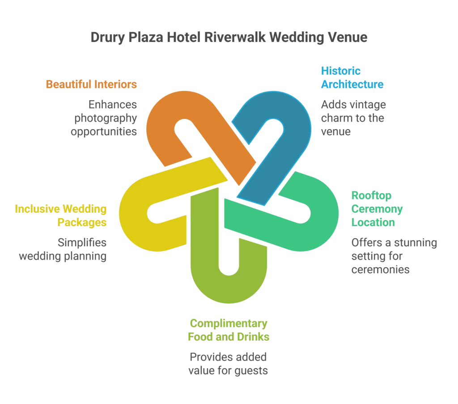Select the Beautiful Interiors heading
click(91, 84)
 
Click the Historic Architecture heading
click(352, 77)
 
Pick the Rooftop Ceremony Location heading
click(377, 209)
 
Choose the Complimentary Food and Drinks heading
click(228, 330)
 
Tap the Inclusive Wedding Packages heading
click(61, 215)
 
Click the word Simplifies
click(82, 243)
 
